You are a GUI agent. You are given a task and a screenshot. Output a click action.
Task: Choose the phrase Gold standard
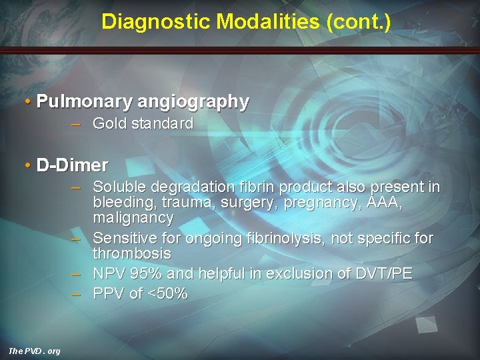click(x=143, y=123)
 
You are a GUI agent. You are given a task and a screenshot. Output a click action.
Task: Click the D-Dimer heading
click(x=72, y=165)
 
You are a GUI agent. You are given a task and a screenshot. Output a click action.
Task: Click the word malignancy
click(x=133, y=218)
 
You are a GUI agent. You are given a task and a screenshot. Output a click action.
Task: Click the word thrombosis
click(x=132, y=254)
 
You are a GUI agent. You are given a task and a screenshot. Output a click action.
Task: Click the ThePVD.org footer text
click(x=34, y=351)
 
